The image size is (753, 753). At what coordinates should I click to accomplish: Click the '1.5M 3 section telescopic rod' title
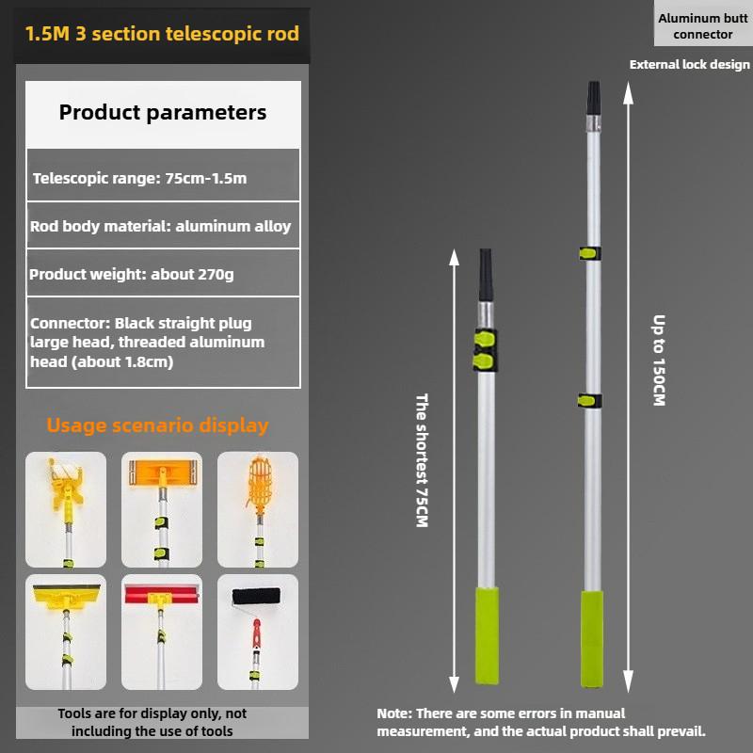click(162, 35)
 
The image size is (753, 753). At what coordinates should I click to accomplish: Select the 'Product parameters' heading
click(163, 113)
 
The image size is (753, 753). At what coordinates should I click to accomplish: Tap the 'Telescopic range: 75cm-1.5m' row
click(140, 178)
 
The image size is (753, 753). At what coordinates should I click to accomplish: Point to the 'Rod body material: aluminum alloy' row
click(161, 226)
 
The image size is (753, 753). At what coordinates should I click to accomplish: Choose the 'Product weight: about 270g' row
click(132, 275)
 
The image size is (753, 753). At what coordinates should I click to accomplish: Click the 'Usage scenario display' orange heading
click(157, 425)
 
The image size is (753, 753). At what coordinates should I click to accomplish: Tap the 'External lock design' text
click(690, 65)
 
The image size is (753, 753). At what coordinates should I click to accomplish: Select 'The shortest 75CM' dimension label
click(422, 459)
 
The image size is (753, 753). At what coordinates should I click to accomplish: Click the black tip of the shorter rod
click(486, 274)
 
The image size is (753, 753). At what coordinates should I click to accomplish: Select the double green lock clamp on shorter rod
click(485, 349)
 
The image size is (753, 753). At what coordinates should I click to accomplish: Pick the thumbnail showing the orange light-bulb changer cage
click(258, 507)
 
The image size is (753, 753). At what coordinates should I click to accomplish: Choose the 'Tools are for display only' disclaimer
click(152, 722)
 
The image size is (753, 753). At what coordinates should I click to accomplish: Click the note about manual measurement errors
click(541, 722)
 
